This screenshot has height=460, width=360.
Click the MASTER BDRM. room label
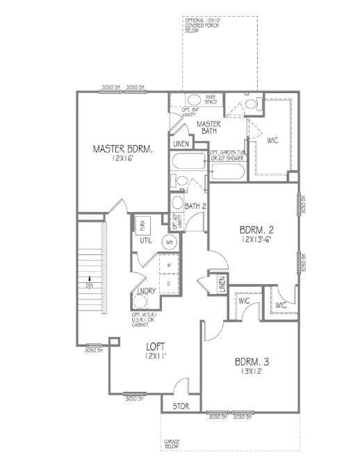tap(123, 149)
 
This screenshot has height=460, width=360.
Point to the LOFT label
tap(155, 346)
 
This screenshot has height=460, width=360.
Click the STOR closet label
tap(181, 405)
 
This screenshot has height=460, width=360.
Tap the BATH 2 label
tap(195, 206)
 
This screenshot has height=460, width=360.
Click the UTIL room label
tap(146, 240)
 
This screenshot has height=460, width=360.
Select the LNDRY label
tap(146, 290)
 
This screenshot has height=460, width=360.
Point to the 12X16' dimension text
tap(122, 159)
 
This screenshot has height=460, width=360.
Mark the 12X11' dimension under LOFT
tap(155, 355)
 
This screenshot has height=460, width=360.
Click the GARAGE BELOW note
tap(172, 444)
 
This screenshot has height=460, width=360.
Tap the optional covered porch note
tap(203, 26)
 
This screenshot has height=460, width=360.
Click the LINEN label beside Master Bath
tap(181, 144)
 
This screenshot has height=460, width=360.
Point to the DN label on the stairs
tap(90, 286)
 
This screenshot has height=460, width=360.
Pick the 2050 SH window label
tap(94, 350)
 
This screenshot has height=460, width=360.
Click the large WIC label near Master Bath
tap(273, 140)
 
